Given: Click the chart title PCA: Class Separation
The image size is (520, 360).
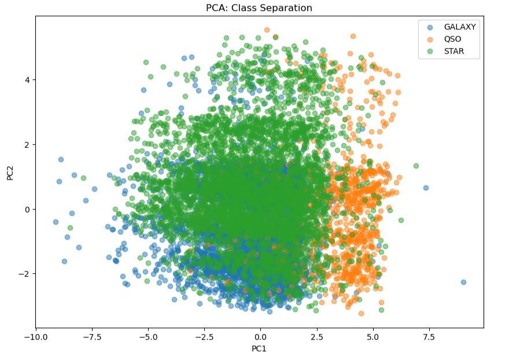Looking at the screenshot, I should (259, 8).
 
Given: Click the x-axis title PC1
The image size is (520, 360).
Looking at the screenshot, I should (259, 349).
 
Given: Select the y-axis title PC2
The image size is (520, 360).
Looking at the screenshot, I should (10, 172).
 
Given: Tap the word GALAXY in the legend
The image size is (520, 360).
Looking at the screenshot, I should (460, 27).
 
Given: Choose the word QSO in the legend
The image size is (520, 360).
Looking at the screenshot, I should (453, 39).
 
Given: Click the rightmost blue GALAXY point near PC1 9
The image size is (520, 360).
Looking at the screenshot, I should (463, 282).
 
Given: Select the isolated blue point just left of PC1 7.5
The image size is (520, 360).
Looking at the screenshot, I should (426, 188).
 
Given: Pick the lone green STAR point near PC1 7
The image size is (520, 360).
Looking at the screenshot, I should (416, 166).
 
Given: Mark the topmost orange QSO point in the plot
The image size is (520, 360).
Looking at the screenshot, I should (267, 30).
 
